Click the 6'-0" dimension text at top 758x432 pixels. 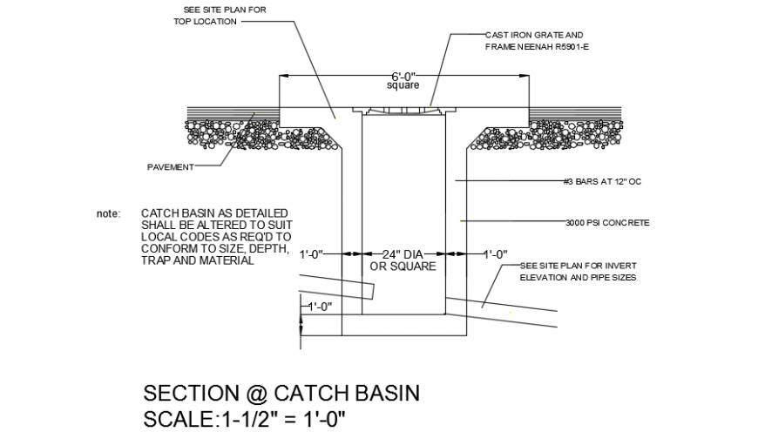tap(403, 76)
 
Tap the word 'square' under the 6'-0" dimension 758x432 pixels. tap(403, 85)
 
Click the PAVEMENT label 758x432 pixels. tap(170, 166)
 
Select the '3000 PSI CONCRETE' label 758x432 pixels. tap(606, 223)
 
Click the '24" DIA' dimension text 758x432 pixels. tap(403, 254)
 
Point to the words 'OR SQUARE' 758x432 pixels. tap(403, 267)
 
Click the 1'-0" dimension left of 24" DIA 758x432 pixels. tap(311, 254)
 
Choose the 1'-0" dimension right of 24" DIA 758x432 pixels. tap(496, 254)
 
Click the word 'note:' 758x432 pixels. tap(110, 213)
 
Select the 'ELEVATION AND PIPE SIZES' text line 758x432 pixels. tap(578, 277)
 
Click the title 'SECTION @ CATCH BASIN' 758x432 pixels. tap(281, 393)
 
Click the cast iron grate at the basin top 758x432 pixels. tap(403, 111)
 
